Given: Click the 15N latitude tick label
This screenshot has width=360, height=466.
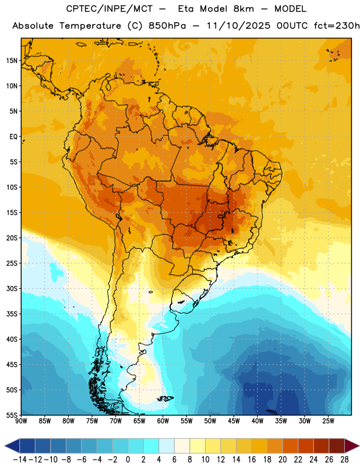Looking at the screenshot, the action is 12,61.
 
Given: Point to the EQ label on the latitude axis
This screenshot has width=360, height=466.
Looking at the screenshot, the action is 13,137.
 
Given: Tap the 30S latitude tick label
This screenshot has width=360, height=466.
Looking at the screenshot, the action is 12,288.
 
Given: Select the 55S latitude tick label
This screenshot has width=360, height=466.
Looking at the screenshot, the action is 12,415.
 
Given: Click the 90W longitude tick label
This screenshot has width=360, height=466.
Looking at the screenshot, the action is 21,421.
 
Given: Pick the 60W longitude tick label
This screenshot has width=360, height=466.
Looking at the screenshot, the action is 163,421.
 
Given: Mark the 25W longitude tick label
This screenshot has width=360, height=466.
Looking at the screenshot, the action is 328,421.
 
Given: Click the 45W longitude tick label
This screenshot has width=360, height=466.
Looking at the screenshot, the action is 234,421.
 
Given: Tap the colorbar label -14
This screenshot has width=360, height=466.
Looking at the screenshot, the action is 20,460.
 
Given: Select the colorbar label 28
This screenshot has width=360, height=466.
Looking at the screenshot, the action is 344,460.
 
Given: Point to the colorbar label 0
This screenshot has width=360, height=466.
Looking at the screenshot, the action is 128,460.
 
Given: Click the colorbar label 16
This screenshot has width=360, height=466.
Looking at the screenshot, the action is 252,460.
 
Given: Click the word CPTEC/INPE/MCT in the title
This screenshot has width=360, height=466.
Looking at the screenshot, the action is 109,9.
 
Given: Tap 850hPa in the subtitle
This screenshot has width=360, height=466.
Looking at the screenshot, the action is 167,26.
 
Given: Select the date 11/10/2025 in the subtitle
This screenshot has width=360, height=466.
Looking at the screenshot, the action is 238,26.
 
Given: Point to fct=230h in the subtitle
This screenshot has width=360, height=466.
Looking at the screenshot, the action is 337,26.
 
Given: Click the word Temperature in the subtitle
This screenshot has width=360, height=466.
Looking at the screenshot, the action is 90,26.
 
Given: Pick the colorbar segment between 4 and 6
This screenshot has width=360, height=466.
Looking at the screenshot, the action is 167,446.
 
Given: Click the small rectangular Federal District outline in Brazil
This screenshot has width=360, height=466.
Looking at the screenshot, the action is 221,216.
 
